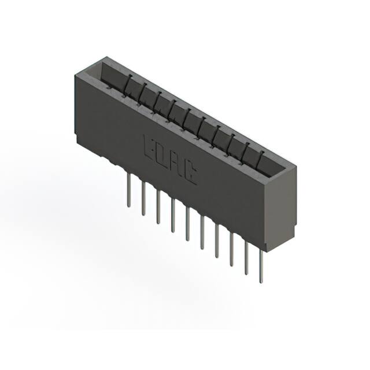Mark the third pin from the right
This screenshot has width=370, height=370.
click(x=231, y=250)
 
